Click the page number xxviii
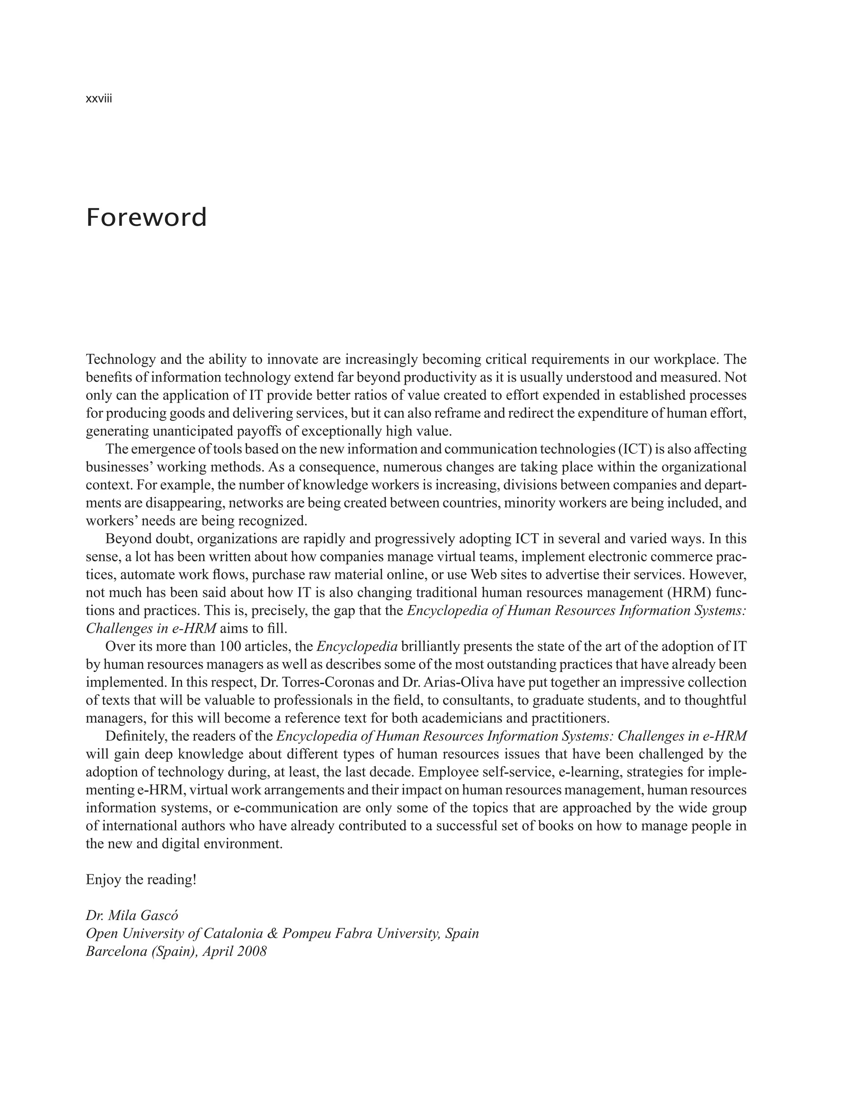coord(99,99)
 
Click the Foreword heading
coord(146,218)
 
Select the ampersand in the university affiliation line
coord(273,934)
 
